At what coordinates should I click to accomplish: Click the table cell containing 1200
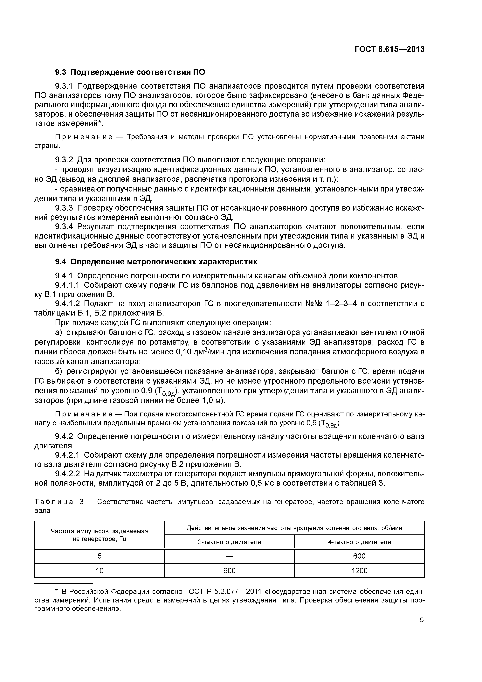359,571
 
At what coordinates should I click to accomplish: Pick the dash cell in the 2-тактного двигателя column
229,556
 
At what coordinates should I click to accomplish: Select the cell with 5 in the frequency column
100,556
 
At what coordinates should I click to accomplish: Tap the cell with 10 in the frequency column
100,571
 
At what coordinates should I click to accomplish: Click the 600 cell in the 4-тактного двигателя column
359,556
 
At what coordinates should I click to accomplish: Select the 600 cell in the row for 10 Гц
229,571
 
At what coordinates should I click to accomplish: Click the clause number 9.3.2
64,160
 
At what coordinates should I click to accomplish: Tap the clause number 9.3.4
64,227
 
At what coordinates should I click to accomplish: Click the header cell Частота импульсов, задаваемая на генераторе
100,535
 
